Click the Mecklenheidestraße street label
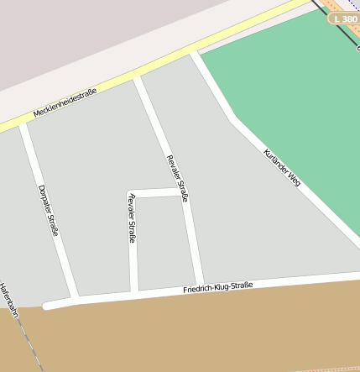pos(65,102)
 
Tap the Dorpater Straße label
pos(48,209)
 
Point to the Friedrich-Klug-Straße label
pos(218,288)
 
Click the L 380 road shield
pos(343,18)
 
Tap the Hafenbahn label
pos(8,302)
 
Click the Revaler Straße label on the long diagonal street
pos(177,179)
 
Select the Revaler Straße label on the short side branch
pos(132,217)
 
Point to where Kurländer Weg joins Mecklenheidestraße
pos(194,53)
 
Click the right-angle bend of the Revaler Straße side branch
pos(132,194)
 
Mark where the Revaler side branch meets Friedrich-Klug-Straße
pos(134,292)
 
